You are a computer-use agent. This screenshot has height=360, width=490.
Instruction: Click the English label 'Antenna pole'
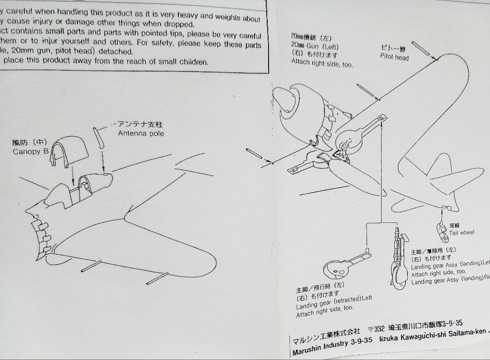141,133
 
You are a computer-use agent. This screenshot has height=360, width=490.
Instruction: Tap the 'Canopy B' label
30,152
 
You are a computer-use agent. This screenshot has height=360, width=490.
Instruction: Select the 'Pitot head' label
394,57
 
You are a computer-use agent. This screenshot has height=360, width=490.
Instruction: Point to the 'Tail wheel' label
461,233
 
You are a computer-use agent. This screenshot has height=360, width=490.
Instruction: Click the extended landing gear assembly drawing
399,261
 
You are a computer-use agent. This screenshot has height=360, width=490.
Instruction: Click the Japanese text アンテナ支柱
141,124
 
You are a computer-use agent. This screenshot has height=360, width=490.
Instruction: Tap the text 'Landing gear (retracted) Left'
334,301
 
